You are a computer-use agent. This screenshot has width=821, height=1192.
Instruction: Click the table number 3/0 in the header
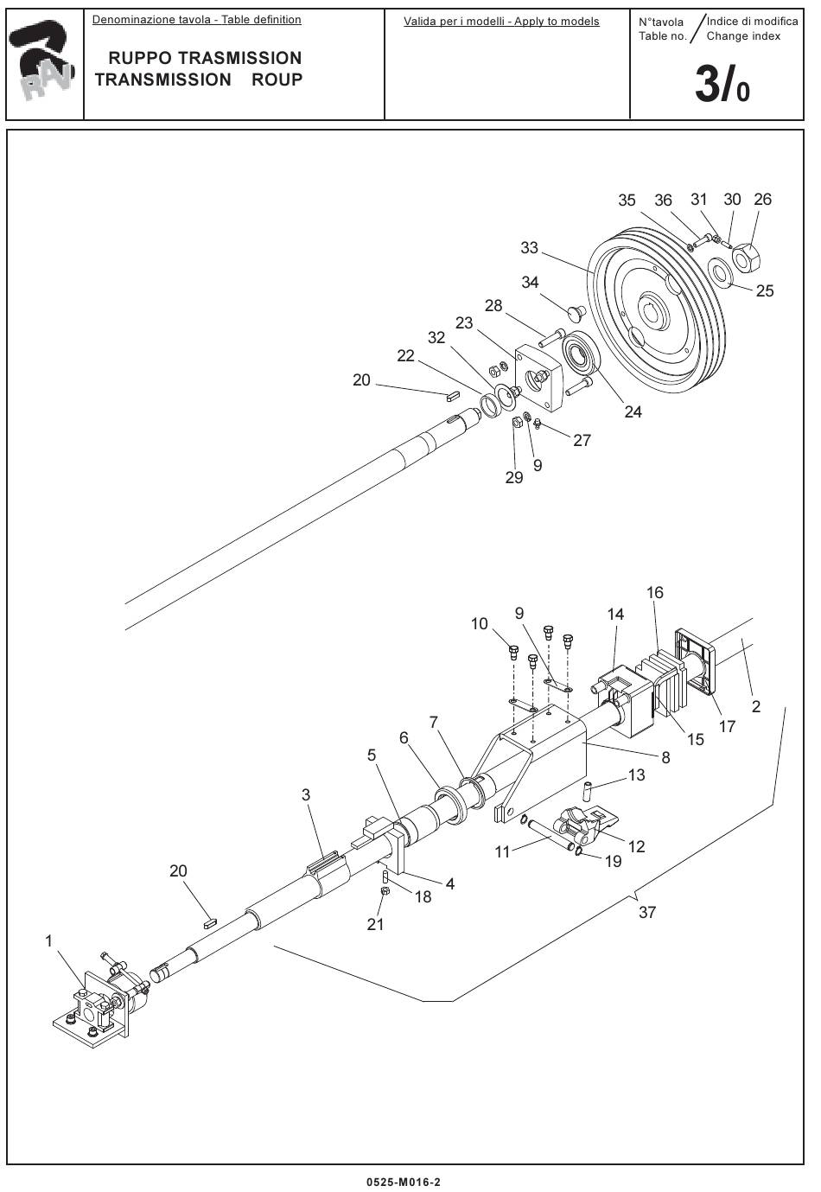pyautogui.click(x=722, y=86)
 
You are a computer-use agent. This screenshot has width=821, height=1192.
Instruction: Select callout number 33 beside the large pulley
pyautogui.click(x=529, y=248)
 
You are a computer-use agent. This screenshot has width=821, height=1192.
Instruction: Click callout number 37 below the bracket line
pyautogui.click(x=647, y=912)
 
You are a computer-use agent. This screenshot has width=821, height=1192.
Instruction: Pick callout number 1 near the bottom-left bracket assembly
pyautogui.click(x=48, y=940)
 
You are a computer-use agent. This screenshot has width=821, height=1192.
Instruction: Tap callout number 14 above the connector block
pyautogui.click(x=615, y=615)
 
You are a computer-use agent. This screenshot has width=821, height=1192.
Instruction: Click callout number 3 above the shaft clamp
pyautogui.click(x=306, y=794)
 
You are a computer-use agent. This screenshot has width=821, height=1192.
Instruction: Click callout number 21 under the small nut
pyautogui.click(x=375, y=924)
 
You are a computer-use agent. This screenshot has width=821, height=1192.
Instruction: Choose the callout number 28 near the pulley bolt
pyautogui.click(x=493, y=305)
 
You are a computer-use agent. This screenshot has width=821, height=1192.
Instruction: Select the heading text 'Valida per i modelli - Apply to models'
pyautogui.click(x=501, y=21)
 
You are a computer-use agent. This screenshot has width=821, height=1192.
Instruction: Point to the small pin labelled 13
pyautogui.click(x=588, y=790)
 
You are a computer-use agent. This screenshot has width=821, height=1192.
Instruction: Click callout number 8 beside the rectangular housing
pyautogui.click(x=665, y=758)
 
